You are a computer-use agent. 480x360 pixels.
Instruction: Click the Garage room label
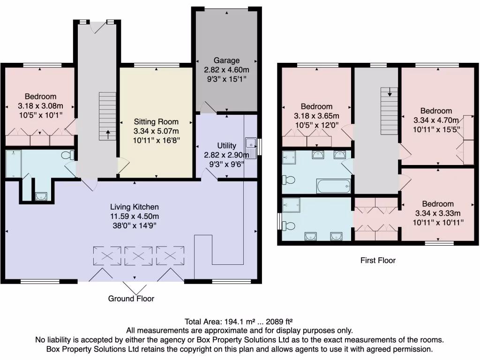(x=226, y=60)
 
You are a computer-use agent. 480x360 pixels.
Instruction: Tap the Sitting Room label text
(x=156, y=121)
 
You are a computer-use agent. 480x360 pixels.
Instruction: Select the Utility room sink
(x=251, y=148)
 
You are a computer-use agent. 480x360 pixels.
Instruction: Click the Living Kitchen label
(x=135, y=207)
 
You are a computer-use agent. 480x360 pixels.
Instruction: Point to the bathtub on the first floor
(x=334, y=186)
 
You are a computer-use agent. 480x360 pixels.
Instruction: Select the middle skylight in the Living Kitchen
(x=138, y=255)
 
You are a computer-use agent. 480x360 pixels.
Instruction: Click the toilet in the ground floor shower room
(x=67, y=155)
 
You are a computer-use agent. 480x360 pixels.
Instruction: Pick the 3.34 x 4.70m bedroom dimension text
(x=436, y=120)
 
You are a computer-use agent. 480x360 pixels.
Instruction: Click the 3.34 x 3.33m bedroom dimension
(x=438, y=213)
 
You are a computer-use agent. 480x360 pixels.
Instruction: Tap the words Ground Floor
(x=131, y=299)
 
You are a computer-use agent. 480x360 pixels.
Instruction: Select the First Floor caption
(x=378, y=260)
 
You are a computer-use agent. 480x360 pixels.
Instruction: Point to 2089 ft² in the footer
(x=279, y=322)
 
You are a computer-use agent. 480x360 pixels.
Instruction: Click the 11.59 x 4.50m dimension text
(x=135, y=217)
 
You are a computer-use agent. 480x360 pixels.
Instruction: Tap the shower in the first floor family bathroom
(x=289, y=157)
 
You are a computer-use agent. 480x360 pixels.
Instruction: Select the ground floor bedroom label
(x=40, y=97)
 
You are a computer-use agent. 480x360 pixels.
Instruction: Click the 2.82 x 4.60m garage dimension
(x=226, y=70)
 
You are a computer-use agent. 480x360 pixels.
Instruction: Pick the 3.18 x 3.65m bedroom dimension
(x=316, y=116)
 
